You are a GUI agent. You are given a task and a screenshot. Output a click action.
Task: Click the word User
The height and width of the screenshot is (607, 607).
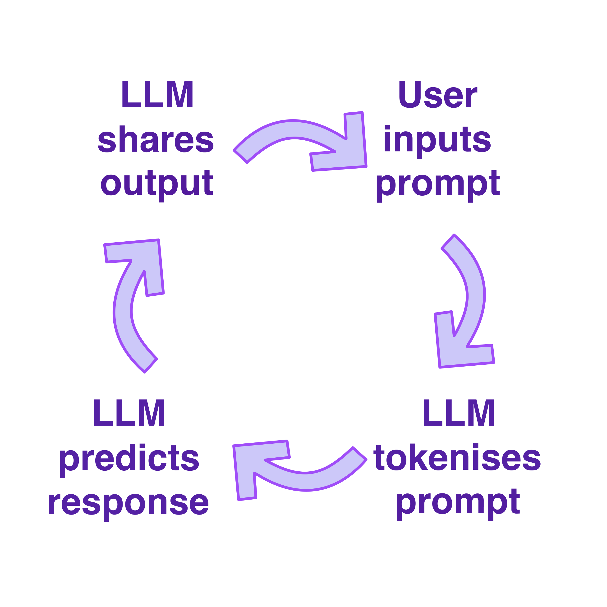438,94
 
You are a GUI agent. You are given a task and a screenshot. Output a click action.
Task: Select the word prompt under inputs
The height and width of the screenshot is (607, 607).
438,186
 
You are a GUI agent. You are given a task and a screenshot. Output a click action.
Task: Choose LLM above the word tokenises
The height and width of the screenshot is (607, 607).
459,413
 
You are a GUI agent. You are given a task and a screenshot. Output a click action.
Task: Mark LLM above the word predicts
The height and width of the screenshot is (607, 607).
129,413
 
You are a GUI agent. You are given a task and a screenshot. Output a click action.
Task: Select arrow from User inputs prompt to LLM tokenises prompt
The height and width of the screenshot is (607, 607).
476,295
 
